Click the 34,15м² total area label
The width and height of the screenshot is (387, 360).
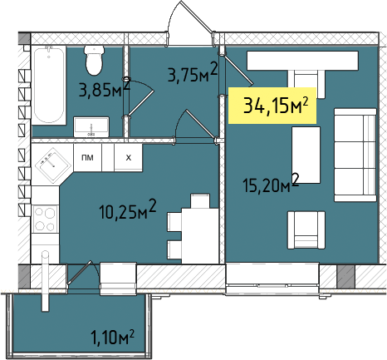[x=276, y=106]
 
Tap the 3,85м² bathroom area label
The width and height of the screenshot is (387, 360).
[x=105, y=88]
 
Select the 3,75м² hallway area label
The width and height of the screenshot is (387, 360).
[x=193, y=72]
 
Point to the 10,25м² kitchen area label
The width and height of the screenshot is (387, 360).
[x=128, y=210]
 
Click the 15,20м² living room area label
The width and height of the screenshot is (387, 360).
[x=271, y=183]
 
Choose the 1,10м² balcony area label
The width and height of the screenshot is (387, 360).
[x=113, y=337]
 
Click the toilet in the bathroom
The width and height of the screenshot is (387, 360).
[x=95, y=60]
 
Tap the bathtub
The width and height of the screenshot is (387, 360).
[x=49, y=85]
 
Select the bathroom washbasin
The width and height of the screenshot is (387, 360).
[x=91, y=127]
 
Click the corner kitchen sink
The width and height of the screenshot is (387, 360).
[x=52, y=165]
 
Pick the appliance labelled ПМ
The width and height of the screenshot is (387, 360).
[x=87, y=158]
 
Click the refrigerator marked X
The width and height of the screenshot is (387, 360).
[x=128, y=158]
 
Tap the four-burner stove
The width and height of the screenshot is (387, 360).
[x=45, y=219]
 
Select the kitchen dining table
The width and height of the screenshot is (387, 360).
[x=200, y=235]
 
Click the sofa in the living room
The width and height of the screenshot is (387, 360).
[x=355, y=155]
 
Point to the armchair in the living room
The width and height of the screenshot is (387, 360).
[x=306, y=230]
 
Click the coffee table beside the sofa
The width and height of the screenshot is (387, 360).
[x=306, y=155]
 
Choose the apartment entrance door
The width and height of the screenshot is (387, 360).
[x=191, y=23]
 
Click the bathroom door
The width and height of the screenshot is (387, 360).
[x=139, y=98]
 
